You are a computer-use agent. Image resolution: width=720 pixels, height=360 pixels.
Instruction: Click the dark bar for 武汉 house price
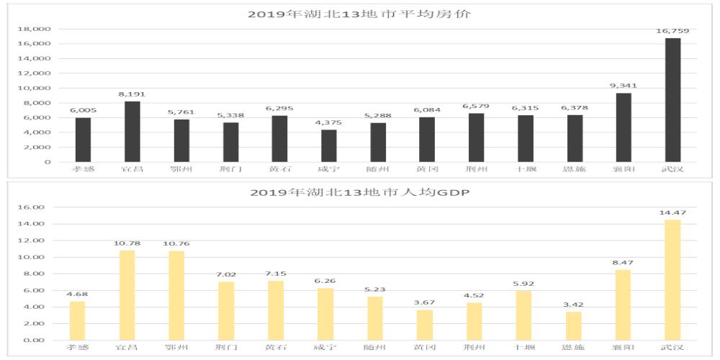pyautogui.click(x=672, y=100)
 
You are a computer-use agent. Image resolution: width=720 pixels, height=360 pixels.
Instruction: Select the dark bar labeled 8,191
pyautogui.click(x=132, y=132)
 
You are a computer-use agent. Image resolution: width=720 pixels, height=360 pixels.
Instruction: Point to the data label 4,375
pyautogui.click(x=328, y=122)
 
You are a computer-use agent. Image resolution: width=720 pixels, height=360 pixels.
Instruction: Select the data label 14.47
pyautogui.click(x=672, y=213)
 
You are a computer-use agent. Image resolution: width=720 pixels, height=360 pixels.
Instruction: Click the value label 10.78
pyautogui.click(x=127, y=243)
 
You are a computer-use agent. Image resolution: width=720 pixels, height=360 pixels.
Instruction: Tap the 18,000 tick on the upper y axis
pyautogui.click(x=35, y=29)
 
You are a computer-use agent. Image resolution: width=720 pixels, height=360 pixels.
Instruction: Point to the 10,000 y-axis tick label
pyautogui.click(x=35, y=88)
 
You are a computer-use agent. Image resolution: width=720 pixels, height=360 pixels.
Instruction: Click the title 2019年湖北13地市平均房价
pyautogui.click(x=359, y=14)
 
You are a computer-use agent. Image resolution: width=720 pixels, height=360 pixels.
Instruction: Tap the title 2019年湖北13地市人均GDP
pyautogui.click(x=359, y=192)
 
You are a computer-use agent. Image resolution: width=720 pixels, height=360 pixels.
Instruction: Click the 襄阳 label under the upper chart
pyautogui.click(x=623, y=169)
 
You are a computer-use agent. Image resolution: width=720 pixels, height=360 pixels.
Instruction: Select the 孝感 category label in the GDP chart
pyautogui.click(x=78, y=348)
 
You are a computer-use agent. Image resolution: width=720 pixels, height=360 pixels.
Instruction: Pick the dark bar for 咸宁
pyautogui.click(x=328, y=145)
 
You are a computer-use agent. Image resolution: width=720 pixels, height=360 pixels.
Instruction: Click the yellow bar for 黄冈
pyautogui.click(x=426, y=325)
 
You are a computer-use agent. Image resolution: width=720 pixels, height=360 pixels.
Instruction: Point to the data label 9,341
pyautogui.click(x=623, y=86)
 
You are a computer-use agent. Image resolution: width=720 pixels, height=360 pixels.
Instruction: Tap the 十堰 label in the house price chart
pyautogui.click(x=524, y=169)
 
